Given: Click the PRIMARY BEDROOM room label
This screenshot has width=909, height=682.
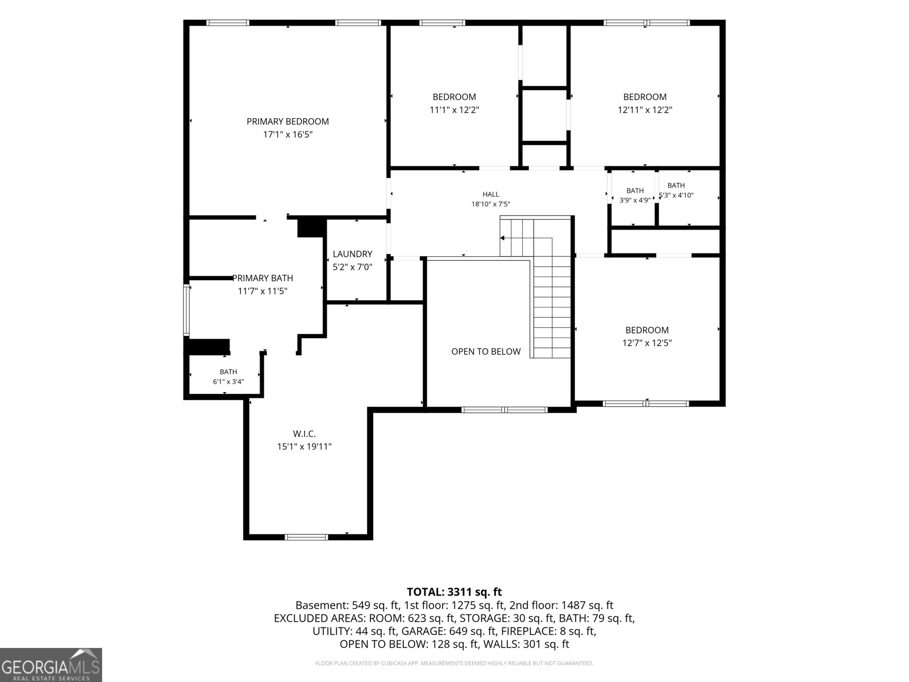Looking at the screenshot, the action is [288, 121].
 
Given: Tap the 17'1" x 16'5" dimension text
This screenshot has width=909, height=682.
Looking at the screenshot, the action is [288, 135].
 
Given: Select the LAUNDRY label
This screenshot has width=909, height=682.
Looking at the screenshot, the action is [352, 254].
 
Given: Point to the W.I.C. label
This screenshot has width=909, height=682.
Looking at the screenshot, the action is [305, 434].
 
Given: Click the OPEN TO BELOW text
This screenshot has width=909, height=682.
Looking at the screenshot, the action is [486, 352].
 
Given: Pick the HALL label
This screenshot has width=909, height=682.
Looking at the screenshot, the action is [491, 194].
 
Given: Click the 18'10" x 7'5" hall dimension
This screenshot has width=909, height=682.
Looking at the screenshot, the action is [491, 204].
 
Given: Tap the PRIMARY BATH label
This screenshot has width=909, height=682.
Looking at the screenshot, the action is [263, 278].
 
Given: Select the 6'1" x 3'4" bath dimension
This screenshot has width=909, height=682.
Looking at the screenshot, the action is [228, 382].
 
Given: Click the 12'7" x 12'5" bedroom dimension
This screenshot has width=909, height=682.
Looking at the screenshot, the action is [647, 343].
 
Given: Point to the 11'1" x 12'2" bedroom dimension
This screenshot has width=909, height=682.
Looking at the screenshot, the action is [454, 110].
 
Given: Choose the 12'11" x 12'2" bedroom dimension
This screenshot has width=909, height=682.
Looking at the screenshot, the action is [645, 110].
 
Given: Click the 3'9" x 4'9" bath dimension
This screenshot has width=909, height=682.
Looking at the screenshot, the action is [635, 201].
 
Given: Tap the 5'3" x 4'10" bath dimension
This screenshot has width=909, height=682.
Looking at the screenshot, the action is [676, 195].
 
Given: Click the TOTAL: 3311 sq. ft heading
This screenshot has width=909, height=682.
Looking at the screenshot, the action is [454, 592].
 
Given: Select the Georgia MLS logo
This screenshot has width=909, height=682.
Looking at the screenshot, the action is [51, 664].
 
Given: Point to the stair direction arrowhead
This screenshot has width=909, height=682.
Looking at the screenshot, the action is [502, 238].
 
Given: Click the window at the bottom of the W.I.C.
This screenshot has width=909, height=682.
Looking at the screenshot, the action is [306, 538].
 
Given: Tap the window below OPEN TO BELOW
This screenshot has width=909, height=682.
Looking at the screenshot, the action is [504, 410].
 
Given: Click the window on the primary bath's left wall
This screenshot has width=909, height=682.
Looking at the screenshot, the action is [186, 309].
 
